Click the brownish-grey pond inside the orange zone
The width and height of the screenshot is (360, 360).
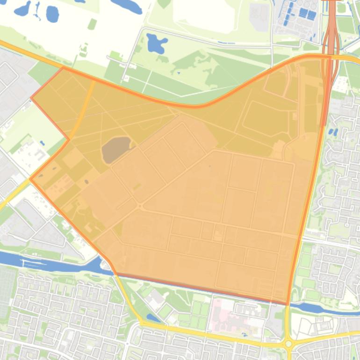coord(116,149)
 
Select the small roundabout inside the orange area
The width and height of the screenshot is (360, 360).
coord(140,206)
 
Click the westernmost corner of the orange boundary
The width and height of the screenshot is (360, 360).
coord(30,179)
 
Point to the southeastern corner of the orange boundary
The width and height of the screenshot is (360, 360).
coord(287,304)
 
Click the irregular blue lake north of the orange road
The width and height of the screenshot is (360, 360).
coord(156,43)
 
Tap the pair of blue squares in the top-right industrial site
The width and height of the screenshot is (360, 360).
coord(307,14)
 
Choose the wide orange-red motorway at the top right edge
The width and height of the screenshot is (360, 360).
coord(331,28)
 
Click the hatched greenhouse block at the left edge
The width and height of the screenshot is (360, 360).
coord(7,290)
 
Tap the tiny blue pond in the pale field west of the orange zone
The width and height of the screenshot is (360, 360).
coord(42,143)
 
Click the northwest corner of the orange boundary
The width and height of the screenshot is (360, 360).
coord(64,67)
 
